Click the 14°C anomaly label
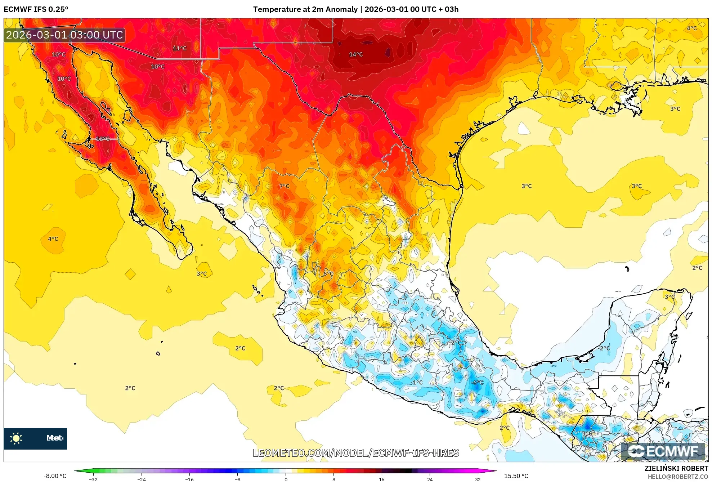point(356,54)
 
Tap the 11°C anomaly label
point(180,48)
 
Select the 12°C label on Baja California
point(103,139)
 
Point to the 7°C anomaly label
point(284,186)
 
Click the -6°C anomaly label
point(477,382)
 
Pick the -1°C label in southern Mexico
point(417,382)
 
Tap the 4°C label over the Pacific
point(53,239)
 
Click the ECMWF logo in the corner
point(663,451)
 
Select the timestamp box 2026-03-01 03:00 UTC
point(64,35)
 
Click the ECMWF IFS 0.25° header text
point(36,9)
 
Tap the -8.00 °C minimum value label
point(55,476)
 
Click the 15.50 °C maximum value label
point(516,476)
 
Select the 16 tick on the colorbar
point(381,479)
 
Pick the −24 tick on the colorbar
point(141,479)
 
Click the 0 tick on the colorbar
point(286,479)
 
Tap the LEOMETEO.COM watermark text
point(356,453)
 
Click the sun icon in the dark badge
point(16,438)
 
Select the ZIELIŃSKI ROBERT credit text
point(676,468)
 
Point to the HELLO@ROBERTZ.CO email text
point(678,477)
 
